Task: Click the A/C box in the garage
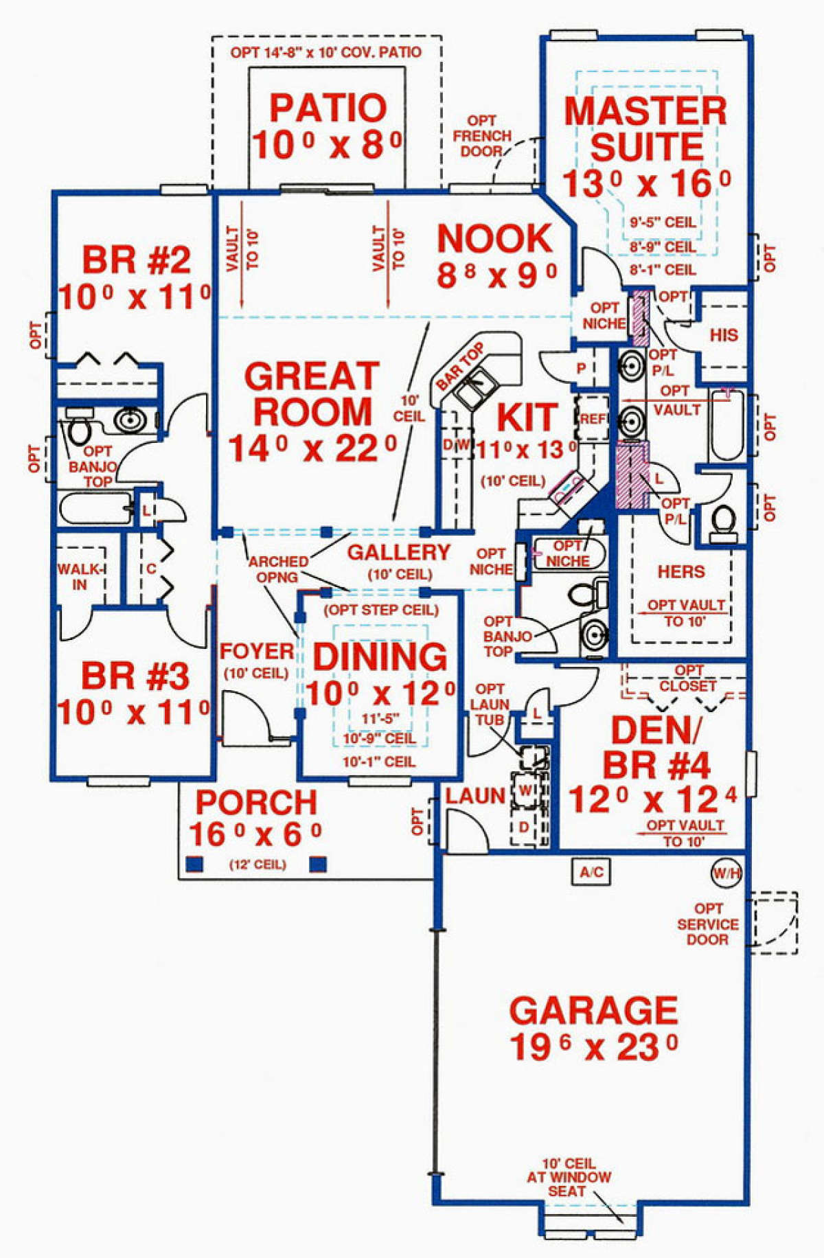click(591, 872)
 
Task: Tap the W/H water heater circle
click(726, 873)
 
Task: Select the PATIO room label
click(328, 108)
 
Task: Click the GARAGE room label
click(594, 1011)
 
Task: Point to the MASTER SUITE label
click(645, 129)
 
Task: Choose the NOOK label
click(494, 238)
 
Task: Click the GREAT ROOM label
click(312, 393)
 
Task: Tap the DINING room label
click(380, 657)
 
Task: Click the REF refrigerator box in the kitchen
click(591, 418)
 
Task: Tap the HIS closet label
click(724, 335)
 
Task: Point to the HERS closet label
click(680, 572)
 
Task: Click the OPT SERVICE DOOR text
click(708, 924)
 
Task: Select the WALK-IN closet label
click(80, 577)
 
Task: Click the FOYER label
click(257, 651)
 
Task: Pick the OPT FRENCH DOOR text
click(481, 136)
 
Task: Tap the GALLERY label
click(398, 552)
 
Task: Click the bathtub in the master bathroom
click(726, 426)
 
